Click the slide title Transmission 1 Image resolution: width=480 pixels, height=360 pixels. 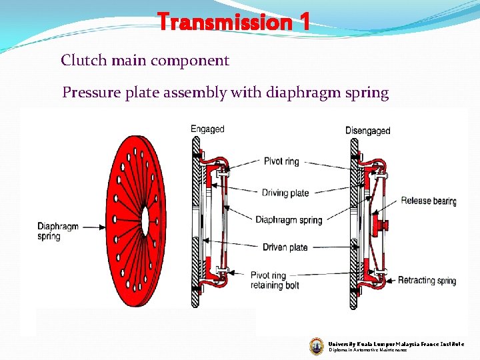coord(233,23)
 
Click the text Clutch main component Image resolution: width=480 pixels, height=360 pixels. coord(145,61)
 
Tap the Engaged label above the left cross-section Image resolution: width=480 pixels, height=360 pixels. coord(207,129)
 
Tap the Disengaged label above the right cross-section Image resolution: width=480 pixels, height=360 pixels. coord(367,131)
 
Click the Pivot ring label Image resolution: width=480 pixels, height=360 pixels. coord(282,161)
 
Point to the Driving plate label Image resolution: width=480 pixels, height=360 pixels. coord(285,193)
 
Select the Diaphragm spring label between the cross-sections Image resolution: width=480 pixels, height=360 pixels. coord(288,219)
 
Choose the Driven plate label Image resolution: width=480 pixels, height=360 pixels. coord(285,247)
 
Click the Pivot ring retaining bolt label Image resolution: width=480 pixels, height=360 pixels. coord(275,280)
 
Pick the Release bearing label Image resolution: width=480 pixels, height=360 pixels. coord(428,201)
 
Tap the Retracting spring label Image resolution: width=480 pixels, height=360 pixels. coord(427,280)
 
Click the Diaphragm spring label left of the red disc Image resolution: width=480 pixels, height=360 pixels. coord(58,231)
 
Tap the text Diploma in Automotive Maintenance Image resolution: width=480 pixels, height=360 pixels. coord(367,350)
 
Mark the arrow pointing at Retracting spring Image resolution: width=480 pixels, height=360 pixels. coord(389,280)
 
